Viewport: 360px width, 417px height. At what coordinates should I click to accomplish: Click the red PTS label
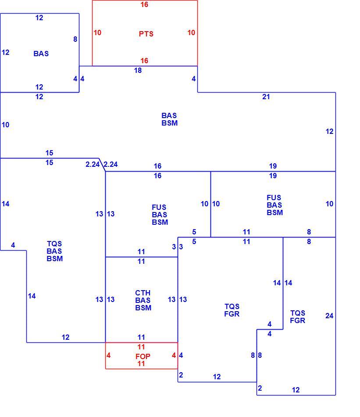click(x=146, y=34)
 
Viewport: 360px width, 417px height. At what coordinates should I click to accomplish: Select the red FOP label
click(x=143, y=356)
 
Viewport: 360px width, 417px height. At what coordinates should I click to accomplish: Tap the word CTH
click(x=143, y=293)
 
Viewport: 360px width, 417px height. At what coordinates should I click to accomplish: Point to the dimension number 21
click(x=266, y=97)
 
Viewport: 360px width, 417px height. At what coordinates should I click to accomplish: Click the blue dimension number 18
click(x=138, y=71)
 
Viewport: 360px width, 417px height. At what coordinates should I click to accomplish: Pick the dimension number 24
click(x=329, y=316)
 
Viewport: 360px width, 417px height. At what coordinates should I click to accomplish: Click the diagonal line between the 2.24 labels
click(x=102, y=165)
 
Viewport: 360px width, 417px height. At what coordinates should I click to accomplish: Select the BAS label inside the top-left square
click(x=41, y=54)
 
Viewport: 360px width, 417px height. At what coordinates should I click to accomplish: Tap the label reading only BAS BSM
click(x=170, y=119)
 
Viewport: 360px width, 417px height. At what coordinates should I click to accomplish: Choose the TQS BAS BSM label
click(x=54, y=251)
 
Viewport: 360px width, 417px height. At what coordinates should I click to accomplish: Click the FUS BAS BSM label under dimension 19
click(x=274, y=205)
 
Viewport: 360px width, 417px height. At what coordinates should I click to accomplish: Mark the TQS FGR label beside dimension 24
click(x=298, y=317)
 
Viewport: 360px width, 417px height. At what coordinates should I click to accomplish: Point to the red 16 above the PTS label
click(x=144, y=4)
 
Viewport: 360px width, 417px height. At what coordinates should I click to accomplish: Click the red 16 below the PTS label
click(x=144, y=61)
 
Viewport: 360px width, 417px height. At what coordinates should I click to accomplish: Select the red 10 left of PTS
click(x=97, y=33)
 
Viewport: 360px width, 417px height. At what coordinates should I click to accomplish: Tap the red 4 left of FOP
click(x=108, y=355)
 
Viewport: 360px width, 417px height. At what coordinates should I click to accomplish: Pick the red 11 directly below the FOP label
click(x=141, y=363)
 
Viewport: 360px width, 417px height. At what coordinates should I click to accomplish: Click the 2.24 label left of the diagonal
click(x=93, y=164)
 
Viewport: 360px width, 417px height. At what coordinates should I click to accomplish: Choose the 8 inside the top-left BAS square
click(x=75, y=40)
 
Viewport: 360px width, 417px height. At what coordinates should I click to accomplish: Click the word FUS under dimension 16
click(x=159, y=207)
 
